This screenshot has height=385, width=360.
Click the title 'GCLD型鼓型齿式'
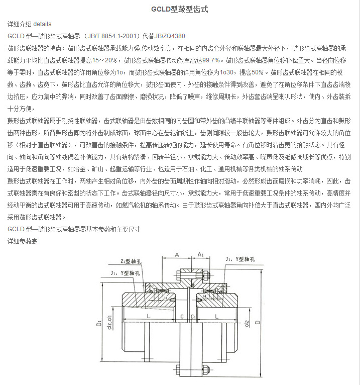point(179,10)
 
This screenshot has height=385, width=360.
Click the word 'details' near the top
point(42,24)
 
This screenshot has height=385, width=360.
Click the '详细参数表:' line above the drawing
point(23,241)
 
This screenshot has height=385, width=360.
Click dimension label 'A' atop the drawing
point(177,255)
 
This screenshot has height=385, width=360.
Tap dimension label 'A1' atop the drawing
point(200,255)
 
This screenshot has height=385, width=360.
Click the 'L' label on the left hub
point(149,316)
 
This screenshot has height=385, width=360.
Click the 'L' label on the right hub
point(216,316)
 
